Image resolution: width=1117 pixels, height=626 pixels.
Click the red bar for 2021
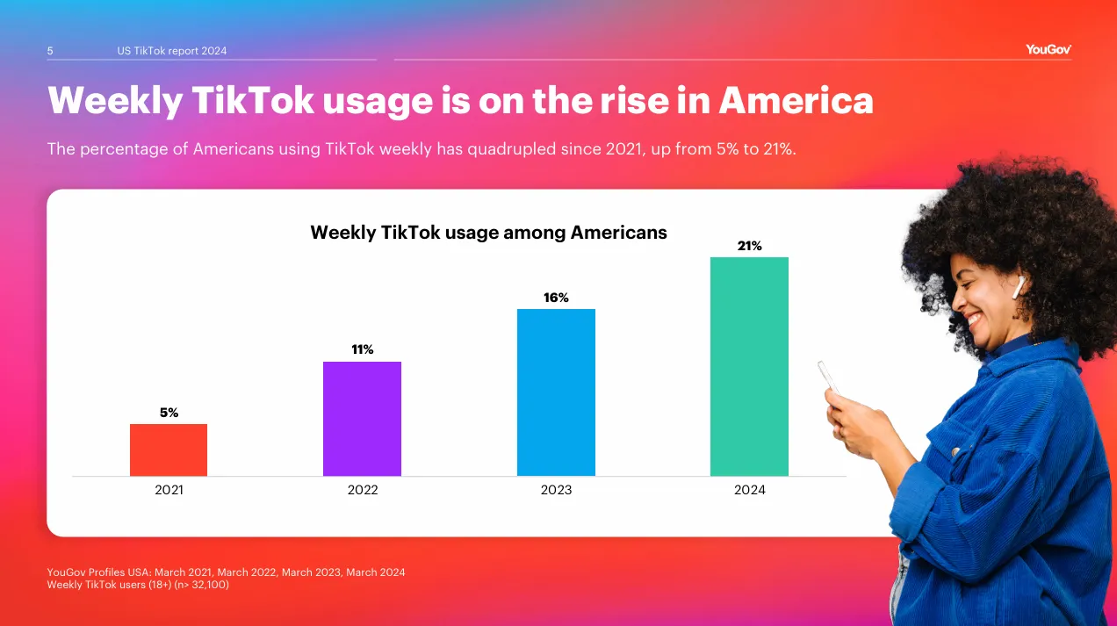click(x=169, y=450)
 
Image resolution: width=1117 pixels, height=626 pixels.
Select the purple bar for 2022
click(x=362, y=419)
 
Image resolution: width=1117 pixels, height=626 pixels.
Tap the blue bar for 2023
click(x=556, y=392)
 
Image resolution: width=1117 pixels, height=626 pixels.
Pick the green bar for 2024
click(x=749, y=366)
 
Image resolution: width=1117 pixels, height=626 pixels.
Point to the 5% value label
click(x=169, y=413)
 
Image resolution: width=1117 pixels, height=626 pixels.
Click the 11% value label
click(x=362, y=349)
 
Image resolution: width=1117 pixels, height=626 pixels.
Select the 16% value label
click(x=556, y=298)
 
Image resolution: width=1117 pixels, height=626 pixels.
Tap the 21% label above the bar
click(x=749, y=246)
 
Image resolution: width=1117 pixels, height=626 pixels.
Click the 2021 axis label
click(x=169, y=490)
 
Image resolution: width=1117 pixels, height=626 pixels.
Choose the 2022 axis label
click(x=362, y=490)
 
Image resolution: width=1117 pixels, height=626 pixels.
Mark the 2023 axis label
click(x=556, y=490)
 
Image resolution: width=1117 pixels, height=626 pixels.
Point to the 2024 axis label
click(x=749, y=490)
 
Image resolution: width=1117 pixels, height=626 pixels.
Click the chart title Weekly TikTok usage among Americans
click(x=488, y=233)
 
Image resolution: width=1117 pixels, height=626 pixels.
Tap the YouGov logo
click(x=1049, y=50)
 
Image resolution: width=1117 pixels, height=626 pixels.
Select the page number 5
click(x=50, y=51)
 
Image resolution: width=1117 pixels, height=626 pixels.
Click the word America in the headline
click(x=796, y=101)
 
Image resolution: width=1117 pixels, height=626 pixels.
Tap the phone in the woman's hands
click(x=828, y=377)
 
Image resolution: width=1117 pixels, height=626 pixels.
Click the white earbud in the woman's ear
click(x=1019, y=285)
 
